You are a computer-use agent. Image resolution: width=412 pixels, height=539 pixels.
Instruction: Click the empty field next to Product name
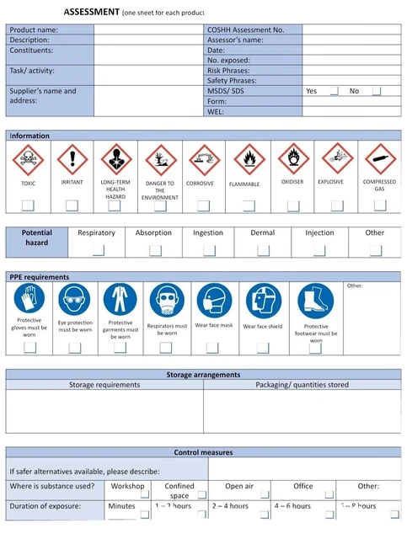(x=147, y=29)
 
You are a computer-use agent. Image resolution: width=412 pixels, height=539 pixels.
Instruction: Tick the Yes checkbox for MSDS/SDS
(x=334, y=92)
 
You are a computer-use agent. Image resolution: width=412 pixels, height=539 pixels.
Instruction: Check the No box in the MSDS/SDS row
(x=377, y=92)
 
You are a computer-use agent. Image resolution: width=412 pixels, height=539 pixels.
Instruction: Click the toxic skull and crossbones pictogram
(x=29, y=158)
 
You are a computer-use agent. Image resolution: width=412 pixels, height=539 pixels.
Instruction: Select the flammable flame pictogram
(x=248, y=158)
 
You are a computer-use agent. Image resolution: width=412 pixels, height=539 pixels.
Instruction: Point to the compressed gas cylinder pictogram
(x=379, y=158)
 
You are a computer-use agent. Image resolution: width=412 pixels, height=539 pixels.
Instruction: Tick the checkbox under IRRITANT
(x=72, y=205)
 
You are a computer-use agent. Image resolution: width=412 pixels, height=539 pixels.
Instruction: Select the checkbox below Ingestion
(x=208, y=249)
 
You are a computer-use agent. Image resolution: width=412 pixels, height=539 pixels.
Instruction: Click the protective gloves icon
(x=29, y=299)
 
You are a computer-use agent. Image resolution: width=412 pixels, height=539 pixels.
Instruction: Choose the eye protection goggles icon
(x=74, y=299)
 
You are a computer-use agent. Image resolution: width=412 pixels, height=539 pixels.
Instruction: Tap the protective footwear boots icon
(x=316, y=301)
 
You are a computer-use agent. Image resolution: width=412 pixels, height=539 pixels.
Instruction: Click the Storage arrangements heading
(x=203, y=375)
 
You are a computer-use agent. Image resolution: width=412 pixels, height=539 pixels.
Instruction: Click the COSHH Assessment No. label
(x=245, y=29)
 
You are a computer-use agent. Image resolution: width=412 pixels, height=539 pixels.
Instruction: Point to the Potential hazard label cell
(x=37, y=237)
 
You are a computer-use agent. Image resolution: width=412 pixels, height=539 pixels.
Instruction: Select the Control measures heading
(x=203, y=452)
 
